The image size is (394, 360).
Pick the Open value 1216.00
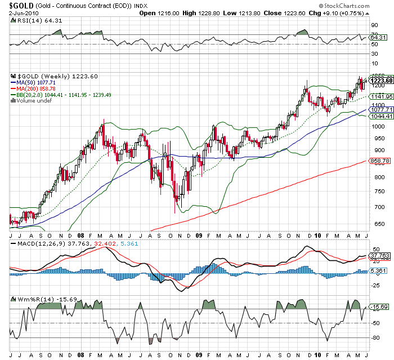coord(167,13)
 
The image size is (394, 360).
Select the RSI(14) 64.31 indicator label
coord(34,21)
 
